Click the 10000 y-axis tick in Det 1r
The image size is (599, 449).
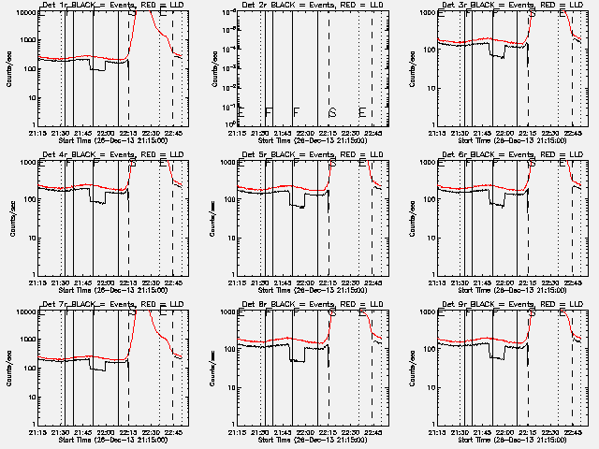24,13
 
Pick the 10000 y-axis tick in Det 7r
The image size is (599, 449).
24,312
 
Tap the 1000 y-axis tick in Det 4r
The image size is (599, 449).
27,163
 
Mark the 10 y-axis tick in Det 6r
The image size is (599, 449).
429,238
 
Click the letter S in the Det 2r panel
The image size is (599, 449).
332,113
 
